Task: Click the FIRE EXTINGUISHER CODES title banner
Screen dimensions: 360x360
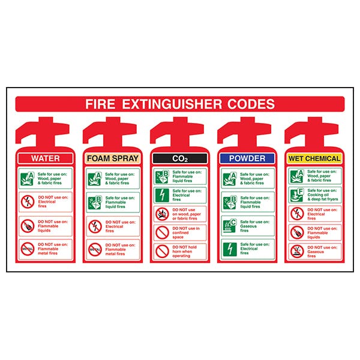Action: pyautogui.click(x=180, y=104)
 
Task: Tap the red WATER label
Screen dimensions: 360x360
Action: pyautogui.click(x=46, y=158)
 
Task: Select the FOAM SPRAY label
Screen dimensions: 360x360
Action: pyautogui.click(x=113, y=158)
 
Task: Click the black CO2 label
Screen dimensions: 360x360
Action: pyautogui.click(x=180, y=158)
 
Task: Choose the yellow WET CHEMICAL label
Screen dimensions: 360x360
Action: pyautogui.click(x=315, y=158)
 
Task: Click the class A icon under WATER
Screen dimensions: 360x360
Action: pyautogui.click(x=27, y=178)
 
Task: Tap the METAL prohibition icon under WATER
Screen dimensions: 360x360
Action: pyautogui.click(x=27, y=248)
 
